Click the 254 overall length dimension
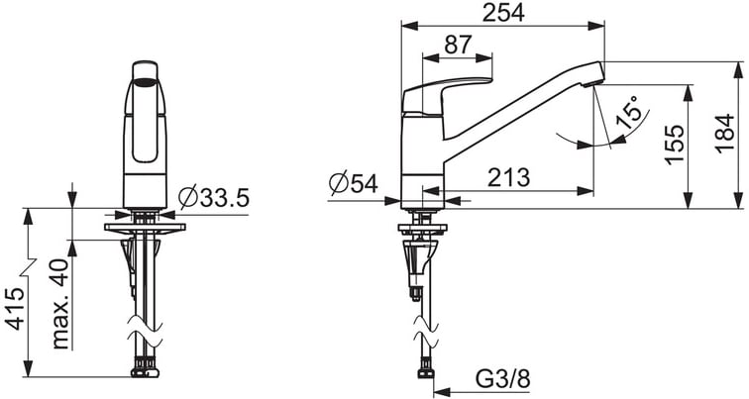click(x=503, y=13)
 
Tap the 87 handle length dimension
click(x=458, y=45)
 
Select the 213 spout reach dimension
click(x=508, y=177)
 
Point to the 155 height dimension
click(x=675, y=145)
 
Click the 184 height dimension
click(x=724, y=133)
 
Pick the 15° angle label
click(x=628, y=113)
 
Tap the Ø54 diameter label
click(x=354, y=183)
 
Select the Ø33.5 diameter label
click(x=214, y=198)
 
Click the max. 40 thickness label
click(x=61, y=304)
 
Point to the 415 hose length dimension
click(x=15, y=308)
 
